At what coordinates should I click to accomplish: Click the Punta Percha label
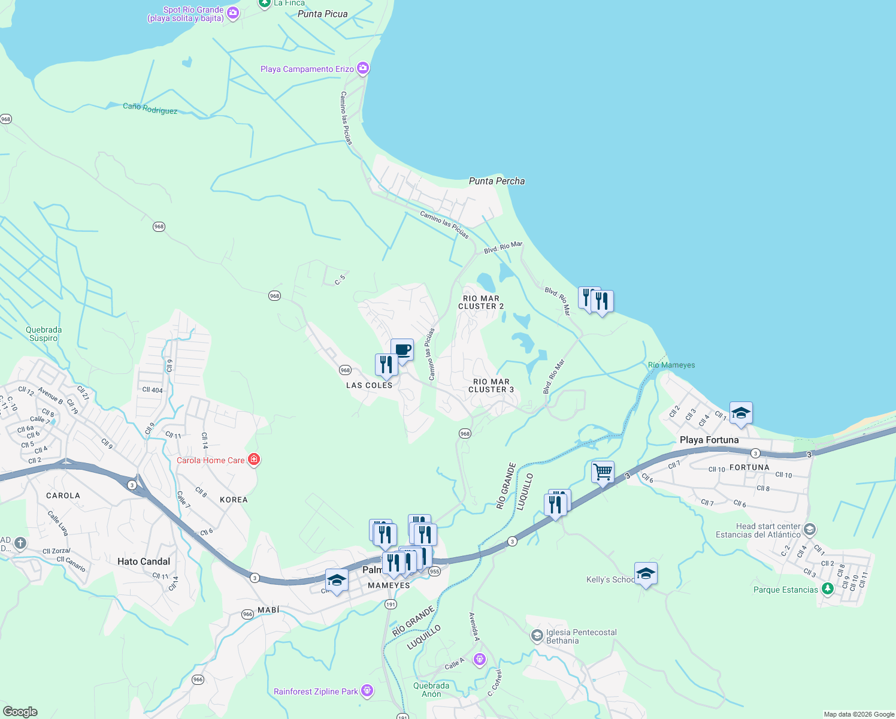[x=497, y=181]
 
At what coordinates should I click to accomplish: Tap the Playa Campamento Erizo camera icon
[x=363, y=68]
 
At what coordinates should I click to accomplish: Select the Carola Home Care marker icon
[x=254, y=460]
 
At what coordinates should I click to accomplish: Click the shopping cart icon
[x=603, y=472]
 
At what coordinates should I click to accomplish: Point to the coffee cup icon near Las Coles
[x=402, y=350]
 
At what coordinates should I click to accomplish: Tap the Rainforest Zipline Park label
[x=316, y=691]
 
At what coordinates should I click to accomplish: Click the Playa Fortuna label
[x=709, y=440]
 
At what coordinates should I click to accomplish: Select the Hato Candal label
[x=144, y=561]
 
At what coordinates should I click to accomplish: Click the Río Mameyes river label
[x=671, y=365]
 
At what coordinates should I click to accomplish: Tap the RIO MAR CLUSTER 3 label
[x=491, y=385]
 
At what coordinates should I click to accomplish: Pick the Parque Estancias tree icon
[x=828, y=589]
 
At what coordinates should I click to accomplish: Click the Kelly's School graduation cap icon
[x=646, y=574]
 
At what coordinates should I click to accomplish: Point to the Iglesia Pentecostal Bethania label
[x=581, y=636]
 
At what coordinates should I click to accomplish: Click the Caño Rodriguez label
[x=150, y=108]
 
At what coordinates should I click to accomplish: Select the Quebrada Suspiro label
[x=44, y=334]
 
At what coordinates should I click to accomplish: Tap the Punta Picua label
[x=322, y=14]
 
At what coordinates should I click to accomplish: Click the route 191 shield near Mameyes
[x=391, y=604]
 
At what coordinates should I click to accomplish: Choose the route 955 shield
[x=434, y=571]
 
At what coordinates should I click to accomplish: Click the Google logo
[x=20, y=711]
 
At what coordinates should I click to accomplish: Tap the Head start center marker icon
[x=810, y=530]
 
